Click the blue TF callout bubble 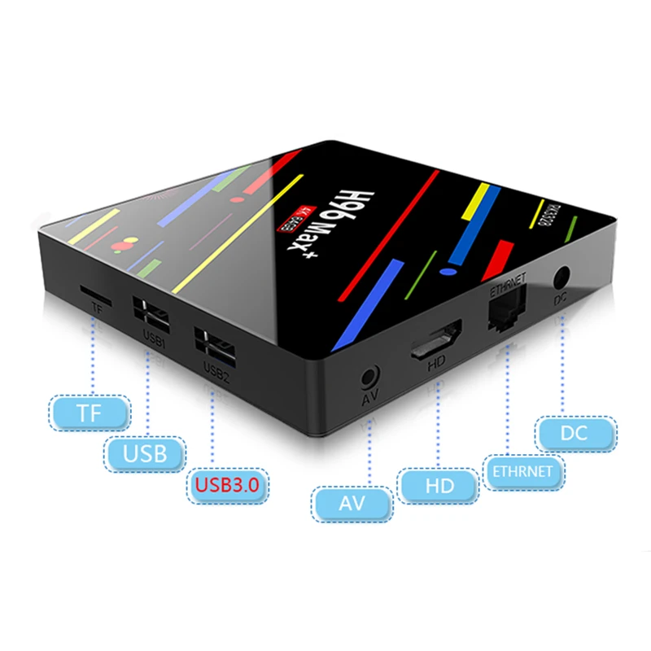coord(90,412)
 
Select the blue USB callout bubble coord(146,452)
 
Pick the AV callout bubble coord(352,504)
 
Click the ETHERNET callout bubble coord(522,470)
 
